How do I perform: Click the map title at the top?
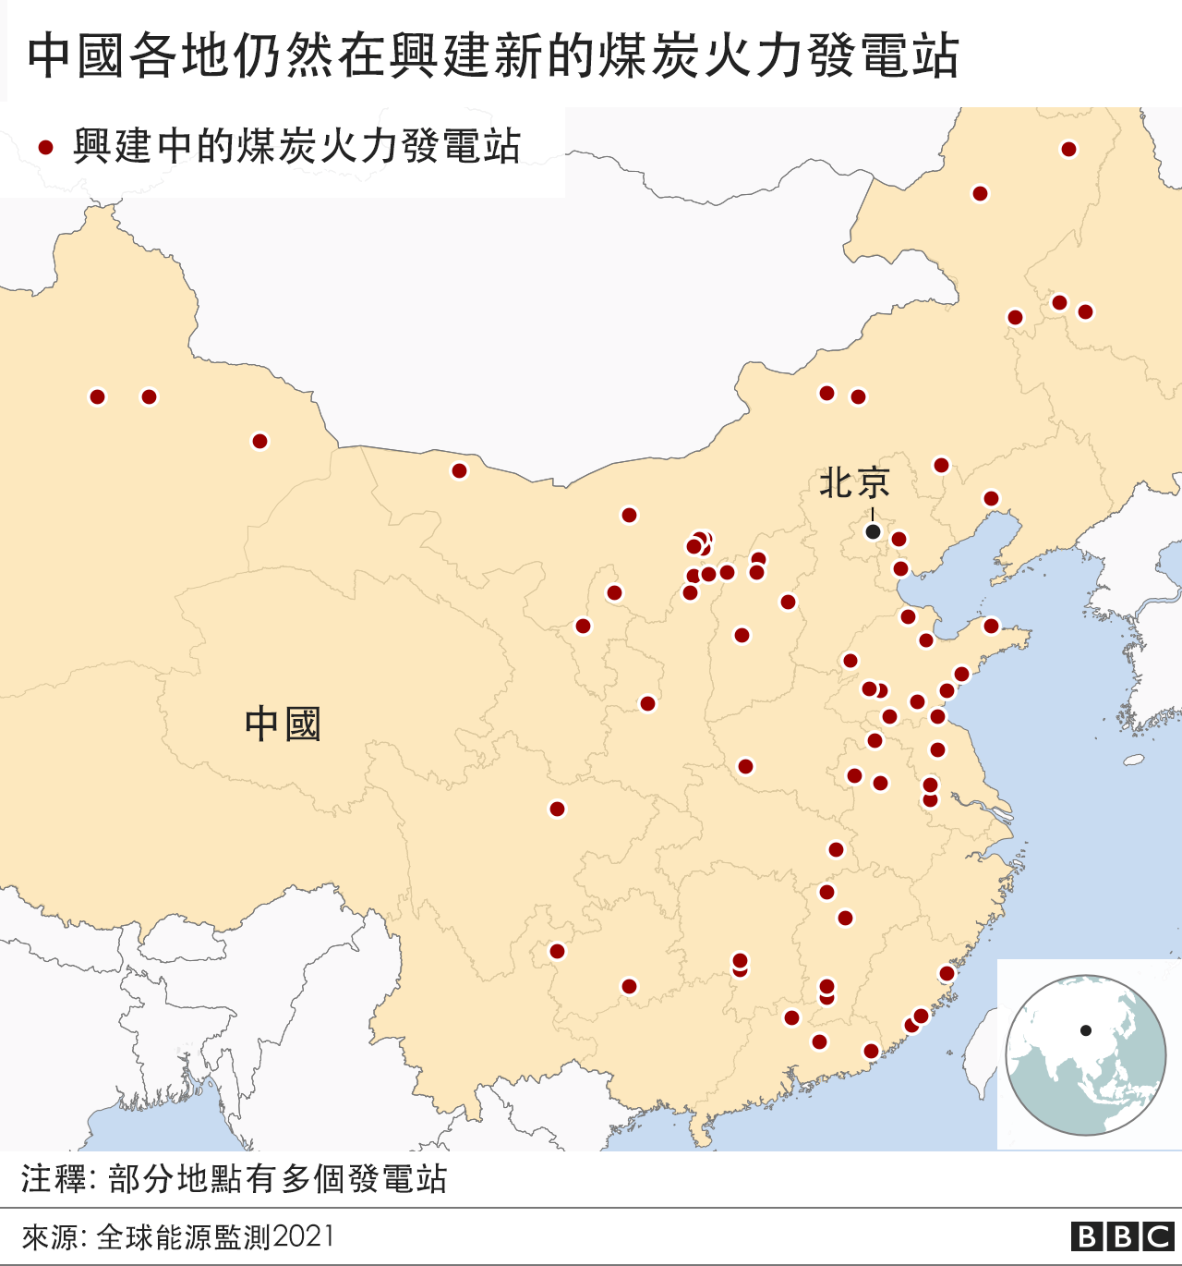click(493, 55)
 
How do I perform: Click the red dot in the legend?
click(45, 148)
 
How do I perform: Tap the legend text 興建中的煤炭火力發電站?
click(297, 147)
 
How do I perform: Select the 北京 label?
click(854, 483)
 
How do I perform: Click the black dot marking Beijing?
click(873, 531)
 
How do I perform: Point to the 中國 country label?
click(283, 724)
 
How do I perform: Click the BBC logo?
click(1122, 1236)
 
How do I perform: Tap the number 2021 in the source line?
click(304, 1236)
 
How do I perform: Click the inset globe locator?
click(1085, 1054)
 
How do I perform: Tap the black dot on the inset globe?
click(1086, 1030)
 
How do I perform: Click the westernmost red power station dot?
click(98, 396)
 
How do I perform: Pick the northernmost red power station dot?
click(1068, 150)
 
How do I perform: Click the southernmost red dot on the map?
click(871, 1051)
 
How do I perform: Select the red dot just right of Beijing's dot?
click(899, 539)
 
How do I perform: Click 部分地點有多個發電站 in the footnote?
click(278, 1179)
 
